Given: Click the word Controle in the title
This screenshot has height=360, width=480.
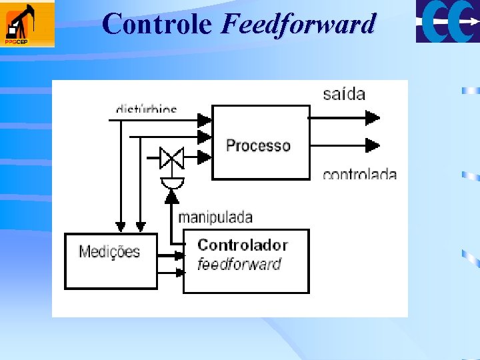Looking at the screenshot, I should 157,24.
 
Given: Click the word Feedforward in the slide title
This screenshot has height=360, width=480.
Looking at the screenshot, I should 298,24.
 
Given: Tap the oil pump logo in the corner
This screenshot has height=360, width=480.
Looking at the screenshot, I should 27,24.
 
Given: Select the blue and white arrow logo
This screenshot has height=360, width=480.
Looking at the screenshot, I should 447,21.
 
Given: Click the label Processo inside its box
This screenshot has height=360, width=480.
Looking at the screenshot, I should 258,145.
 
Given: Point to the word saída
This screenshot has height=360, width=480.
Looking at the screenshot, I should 344,93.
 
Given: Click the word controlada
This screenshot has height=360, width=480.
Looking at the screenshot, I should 359,175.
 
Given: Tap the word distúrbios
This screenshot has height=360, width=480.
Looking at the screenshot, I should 147,108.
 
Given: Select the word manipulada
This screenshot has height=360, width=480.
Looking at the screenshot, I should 215,217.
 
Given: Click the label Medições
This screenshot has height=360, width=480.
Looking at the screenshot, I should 109,251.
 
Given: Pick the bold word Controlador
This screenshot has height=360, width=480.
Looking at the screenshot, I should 243,245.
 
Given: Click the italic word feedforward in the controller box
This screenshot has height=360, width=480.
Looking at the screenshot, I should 239,264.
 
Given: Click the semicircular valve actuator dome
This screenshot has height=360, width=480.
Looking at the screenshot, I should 173,182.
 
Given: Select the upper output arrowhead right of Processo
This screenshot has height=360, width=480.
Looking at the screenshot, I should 372,119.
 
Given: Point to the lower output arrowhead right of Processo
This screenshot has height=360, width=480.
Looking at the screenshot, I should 372,145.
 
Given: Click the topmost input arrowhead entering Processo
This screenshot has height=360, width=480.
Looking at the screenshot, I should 204,120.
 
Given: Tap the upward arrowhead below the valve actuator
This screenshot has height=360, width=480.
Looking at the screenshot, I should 172,195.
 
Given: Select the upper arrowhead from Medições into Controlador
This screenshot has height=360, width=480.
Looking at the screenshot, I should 179,255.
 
